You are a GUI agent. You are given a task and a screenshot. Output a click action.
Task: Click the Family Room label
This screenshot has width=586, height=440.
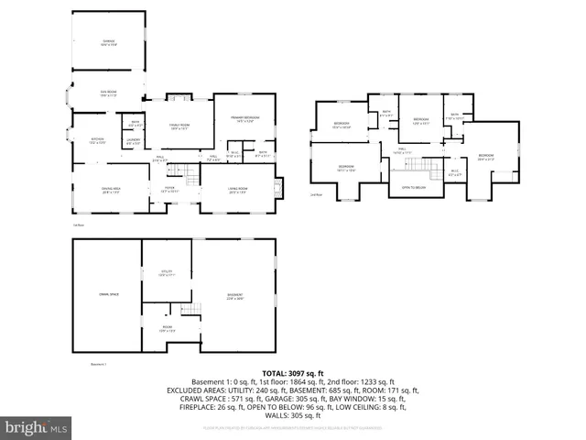click(178, 127)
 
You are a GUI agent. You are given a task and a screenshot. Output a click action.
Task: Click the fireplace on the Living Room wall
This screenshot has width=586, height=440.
click(280, 188)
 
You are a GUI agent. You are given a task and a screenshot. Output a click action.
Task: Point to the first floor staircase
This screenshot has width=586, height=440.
click(188, 171)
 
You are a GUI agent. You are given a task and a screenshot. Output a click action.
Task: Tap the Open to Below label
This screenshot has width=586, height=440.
click(414, 187)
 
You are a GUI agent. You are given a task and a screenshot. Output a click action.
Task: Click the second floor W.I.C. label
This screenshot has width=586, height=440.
click(454, 171)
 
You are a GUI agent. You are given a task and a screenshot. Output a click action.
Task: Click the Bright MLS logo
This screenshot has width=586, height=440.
click(37, 427)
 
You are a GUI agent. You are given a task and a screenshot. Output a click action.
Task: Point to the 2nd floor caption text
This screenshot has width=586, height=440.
click(316, 195)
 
